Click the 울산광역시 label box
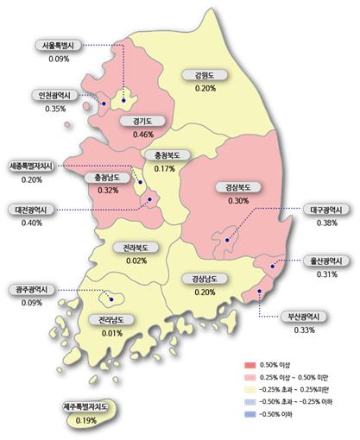pyautogui.click(x=326, y=261)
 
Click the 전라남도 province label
pyautogui.click(x=111, y=320)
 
